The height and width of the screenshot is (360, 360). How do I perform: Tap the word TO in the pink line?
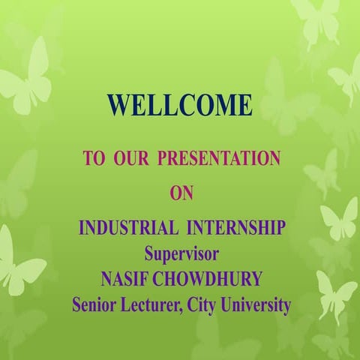(x=93, y=159)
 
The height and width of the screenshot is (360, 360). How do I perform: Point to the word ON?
(x=181, y=193)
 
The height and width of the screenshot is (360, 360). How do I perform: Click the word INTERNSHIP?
(x=238, y=227)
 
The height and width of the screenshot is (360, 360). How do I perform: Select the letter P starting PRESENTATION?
(x=163, y=159)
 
